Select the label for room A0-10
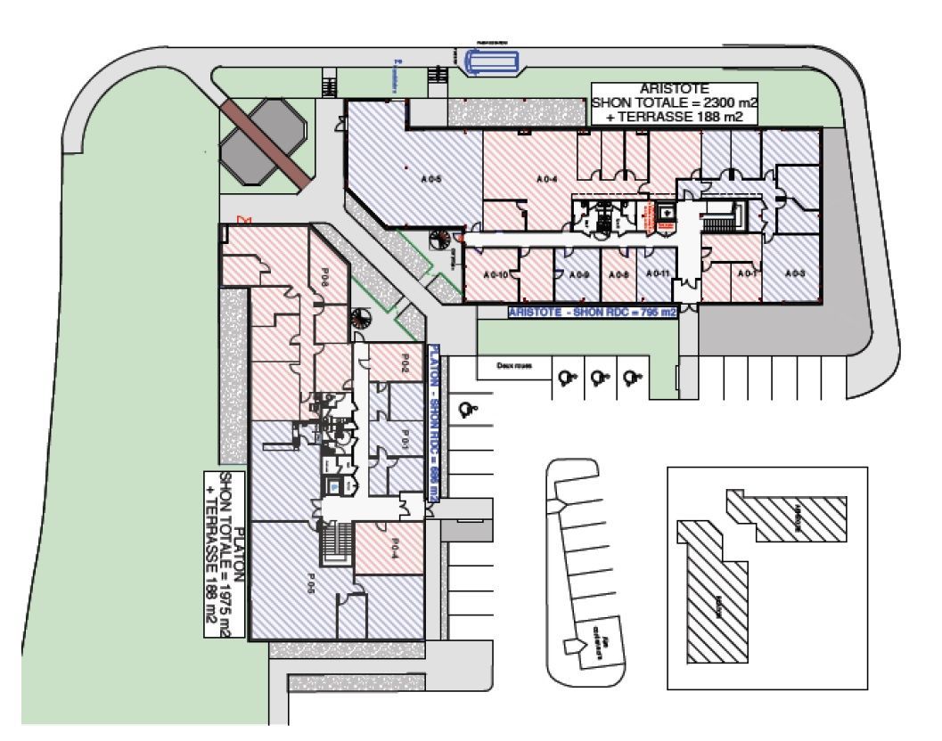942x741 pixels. coord(496,274)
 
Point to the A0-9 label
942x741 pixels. coord(580,274)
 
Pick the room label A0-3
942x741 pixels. coord(796,273)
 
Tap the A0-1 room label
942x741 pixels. coord(748,273)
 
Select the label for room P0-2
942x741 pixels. coord(404,362)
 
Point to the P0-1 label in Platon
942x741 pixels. coord(403,440)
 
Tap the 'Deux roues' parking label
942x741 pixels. coord(509,364)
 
